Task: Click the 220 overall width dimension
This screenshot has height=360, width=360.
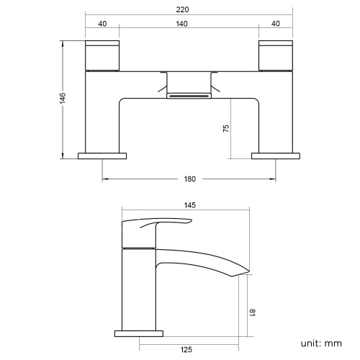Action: pos(182,9)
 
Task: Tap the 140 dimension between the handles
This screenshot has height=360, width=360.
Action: pos(181,24)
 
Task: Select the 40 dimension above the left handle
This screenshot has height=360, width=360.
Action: pos(102,24)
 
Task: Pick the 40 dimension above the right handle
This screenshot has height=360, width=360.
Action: pos(276,24)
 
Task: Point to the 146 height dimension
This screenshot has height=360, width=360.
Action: pos(63,98)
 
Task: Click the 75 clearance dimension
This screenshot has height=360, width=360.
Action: pos(226,128)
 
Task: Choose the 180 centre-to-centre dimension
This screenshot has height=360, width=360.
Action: pos(190,179)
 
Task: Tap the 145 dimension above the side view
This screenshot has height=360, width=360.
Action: pos(190,205)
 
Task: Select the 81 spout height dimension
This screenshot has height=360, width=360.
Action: pos(252,312)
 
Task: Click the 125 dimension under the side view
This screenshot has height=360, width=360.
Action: pos(186,350)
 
